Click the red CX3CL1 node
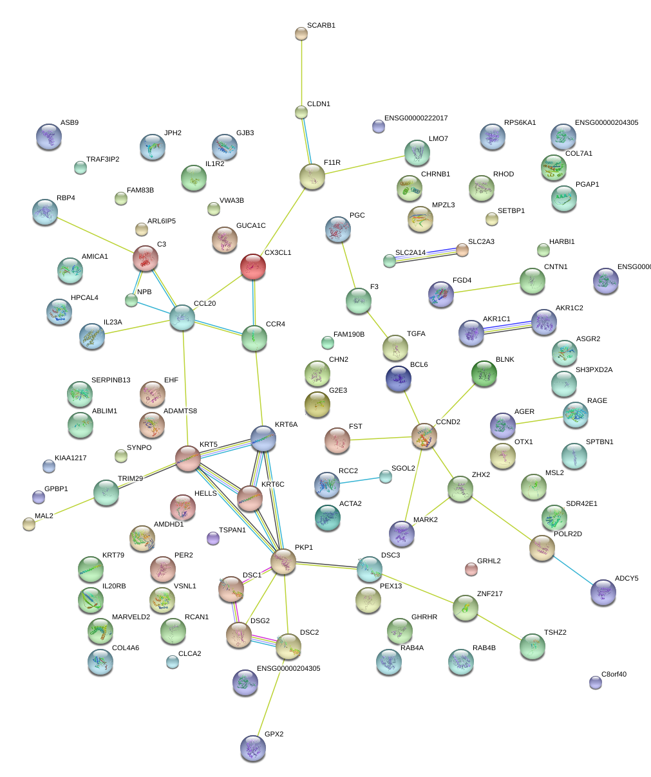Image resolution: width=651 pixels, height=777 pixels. pos(253,267)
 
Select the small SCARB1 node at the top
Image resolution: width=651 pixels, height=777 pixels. pos(301,33)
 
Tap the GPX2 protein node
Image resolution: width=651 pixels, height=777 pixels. pos(252,747)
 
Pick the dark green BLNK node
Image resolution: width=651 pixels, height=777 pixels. pos(484,372)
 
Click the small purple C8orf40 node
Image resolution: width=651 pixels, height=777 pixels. pos(596,682)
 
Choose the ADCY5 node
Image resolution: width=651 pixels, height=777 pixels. pos(603,592)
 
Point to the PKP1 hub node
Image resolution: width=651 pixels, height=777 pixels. pos(283,561)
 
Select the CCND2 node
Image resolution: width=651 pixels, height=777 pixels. pos(424,436)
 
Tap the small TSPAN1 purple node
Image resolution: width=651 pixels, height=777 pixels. pos(213,538)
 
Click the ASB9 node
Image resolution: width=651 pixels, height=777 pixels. pos(49,136)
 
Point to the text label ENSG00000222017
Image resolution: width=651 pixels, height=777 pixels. pos(416,118)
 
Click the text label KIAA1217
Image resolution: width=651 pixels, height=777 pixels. pos(70,458)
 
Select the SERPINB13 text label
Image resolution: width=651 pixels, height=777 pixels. pos(111,380)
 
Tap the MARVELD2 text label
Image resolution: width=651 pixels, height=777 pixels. pos(131,617)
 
